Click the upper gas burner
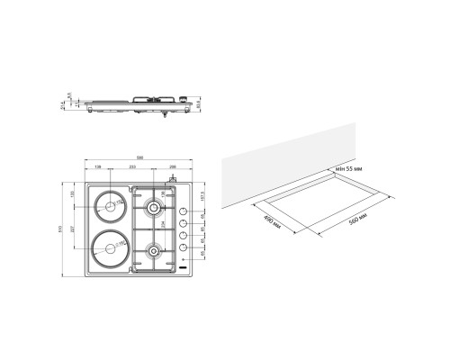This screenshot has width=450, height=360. [x=155, y=210]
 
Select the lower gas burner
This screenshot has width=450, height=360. [x=154, y=248]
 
